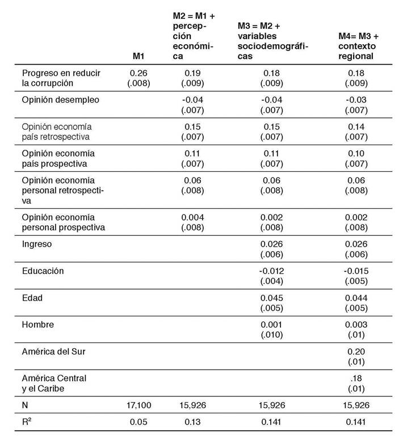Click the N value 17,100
click(x=137, y=405)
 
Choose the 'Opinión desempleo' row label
click(x=60, y=100)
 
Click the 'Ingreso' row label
click(x=37, y=244)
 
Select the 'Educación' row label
click(x=43, y=270)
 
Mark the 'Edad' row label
click(x=32, y=298)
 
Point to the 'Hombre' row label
click(x=37, y=324)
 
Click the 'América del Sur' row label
click(x=54, y=352)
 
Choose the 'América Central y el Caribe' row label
click(x=54, y=383)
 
